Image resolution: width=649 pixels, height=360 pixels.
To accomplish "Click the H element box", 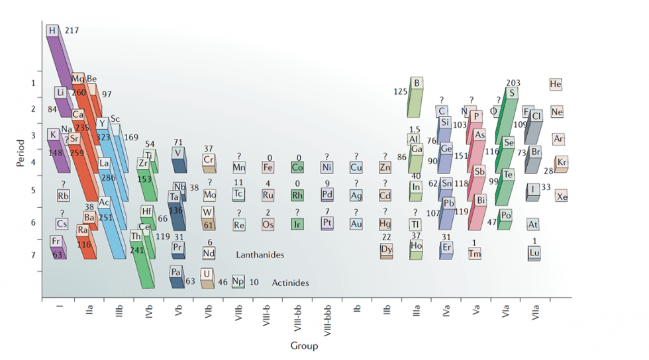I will point(52,31).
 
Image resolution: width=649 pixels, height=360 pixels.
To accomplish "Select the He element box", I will point(556,85).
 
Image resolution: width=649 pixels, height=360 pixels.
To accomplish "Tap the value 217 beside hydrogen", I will point(72,31).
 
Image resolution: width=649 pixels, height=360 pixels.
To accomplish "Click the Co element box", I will point(298,167).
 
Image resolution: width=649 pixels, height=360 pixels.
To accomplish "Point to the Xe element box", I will point(562,196).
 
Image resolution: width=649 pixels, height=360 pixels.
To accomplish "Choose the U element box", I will point(207,274).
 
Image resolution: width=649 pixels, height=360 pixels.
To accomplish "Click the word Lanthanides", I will point(260,254).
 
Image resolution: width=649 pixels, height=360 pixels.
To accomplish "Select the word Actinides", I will point(290,283).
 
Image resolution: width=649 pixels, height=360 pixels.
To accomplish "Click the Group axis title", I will point(304,345).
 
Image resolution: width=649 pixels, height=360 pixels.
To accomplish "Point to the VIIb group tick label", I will point(240,315).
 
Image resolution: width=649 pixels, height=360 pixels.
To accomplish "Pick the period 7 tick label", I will point(33,255).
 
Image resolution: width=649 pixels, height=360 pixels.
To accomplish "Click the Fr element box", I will point(57,242).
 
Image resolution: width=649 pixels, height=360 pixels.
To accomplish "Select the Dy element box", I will point(387,250).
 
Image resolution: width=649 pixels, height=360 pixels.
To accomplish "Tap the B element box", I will point(417,83).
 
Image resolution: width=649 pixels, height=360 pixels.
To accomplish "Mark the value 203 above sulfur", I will point(513,83).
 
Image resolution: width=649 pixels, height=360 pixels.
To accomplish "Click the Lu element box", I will point(534,252).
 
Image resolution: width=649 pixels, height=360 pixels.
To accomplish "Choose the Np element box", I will point(238,282).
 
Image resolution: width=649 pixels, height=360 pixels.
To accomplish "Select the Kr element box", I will point(562,162).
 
